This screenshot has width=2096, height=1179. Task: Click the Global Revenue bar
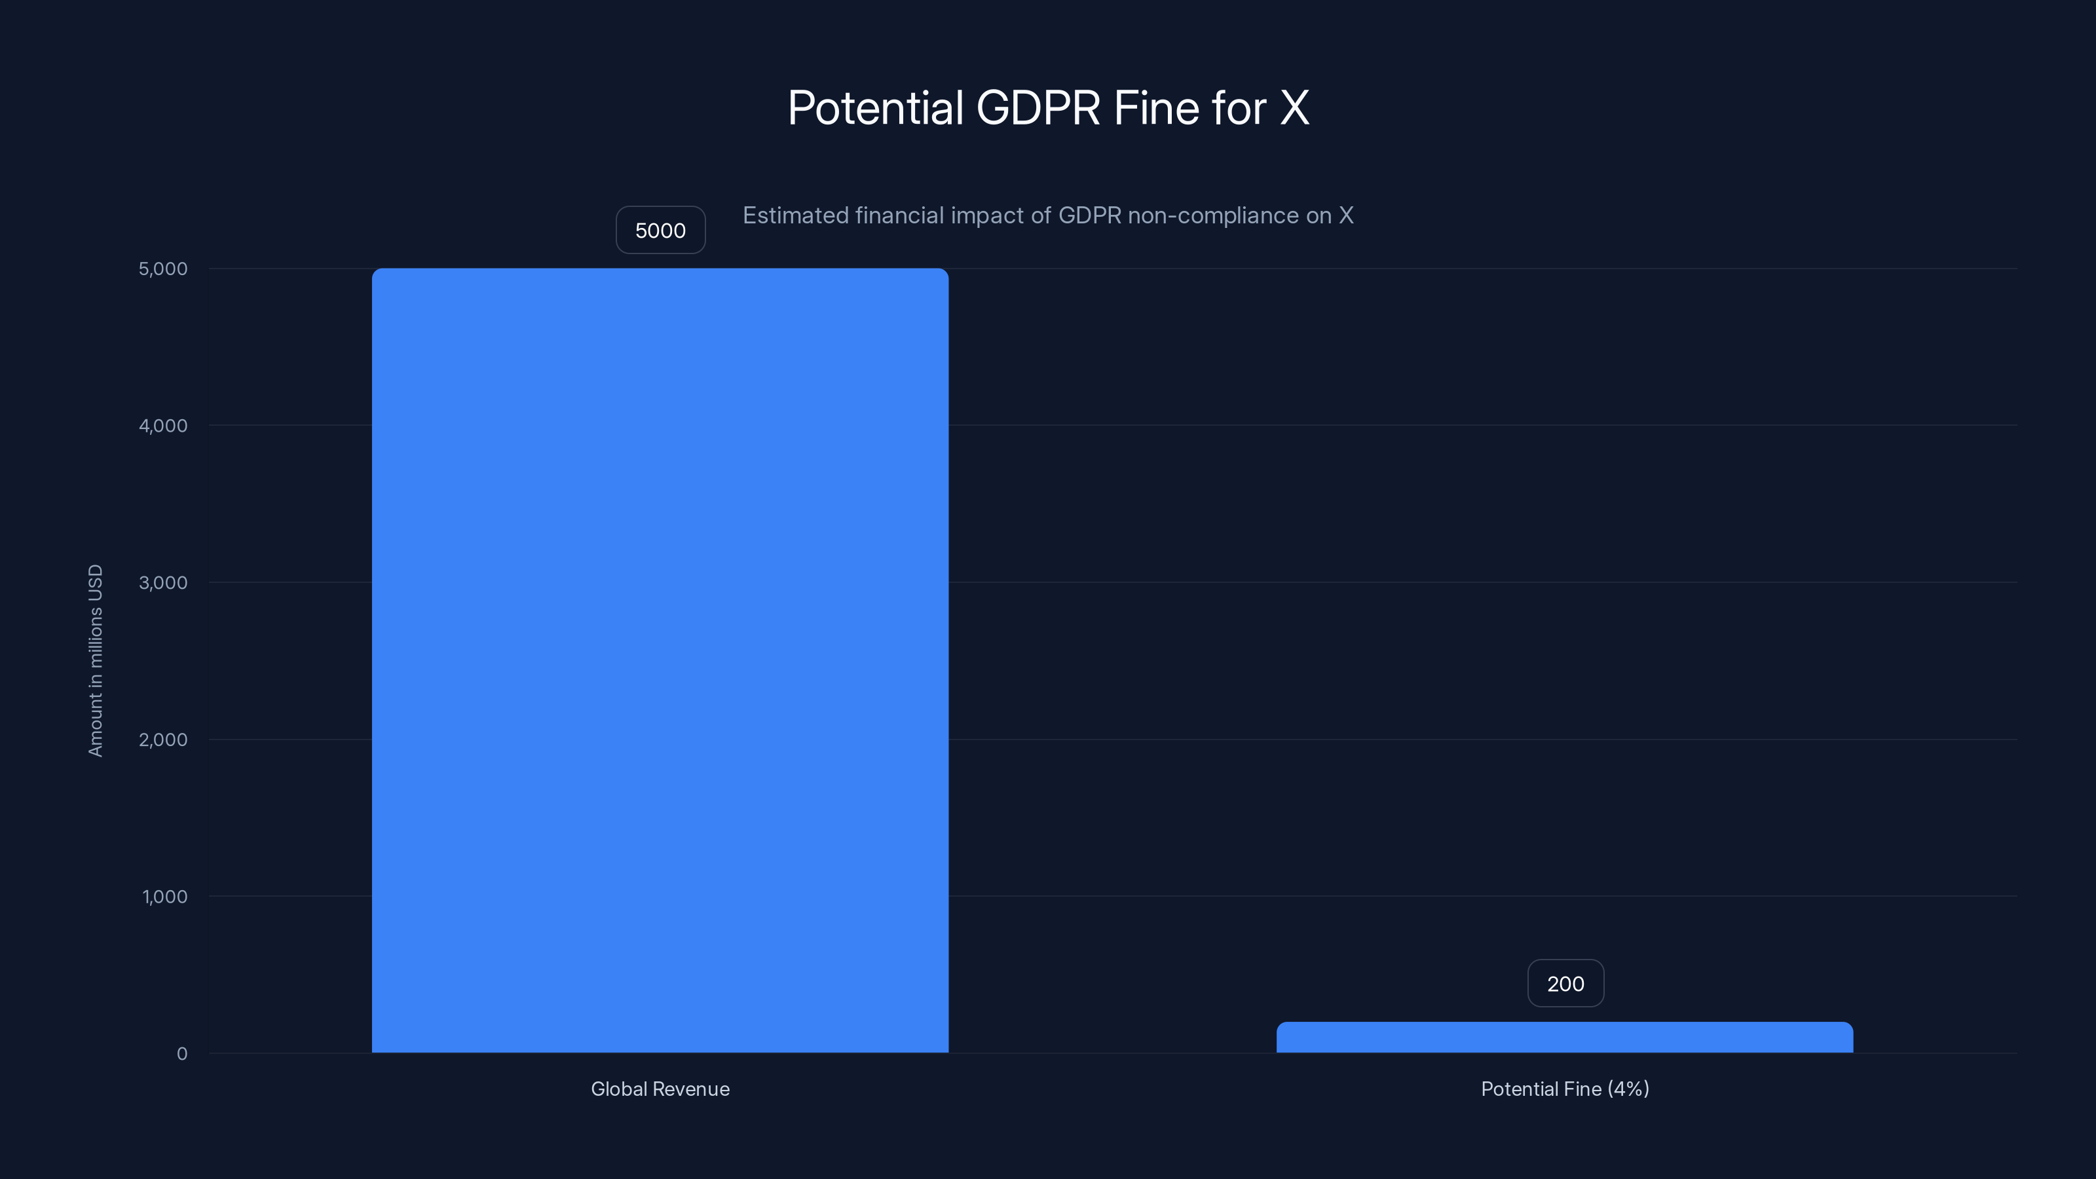click(660, 660)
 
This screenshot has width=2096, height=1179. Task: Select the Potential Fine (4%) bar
click(1564, 1038)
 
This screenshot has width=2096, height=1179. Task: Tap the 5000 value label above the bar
click(660, 231)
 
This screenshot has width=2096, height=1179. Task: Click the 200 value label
click(1565, 984)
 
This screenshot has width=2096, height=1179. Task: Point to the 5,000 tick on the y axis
click(162, 269)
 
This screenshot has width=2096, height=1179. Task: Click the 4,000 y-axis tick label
click(162, 426)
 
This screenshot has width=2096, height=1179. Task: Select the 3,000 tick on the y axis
click(162, 582)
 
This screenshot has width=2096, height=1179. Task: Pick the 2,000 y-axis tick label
click(162, 739)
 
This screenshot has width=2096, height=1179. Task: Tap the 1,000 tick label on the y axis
click(164, 897)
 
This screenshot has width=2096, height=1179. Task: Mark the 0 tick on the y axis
click(181, 1054)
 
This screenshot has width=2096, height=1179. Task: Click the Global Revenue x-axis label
click(660, 1089)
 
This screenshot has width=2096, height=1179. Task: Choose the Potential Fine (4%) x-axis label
click(1565, 1089)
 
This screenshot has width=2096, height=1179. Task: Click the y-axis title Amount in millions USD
click(95, 660)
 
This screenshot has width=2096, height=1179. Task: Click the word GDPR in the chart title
click(1038, 107)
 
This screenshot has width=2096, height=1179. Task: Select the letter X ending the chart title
click(1294, 107)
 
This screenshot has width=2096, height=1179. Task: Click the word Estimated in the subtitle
click(796, 215)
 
